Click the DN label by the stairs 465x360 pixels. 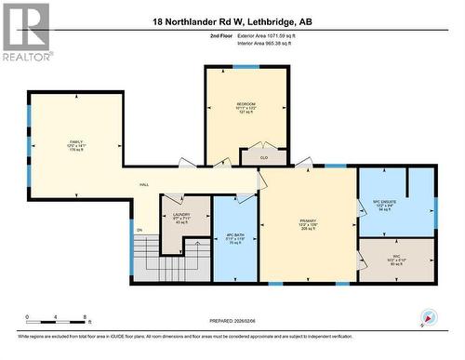tap(139, 230)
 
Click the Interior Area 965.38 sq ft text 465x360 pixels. tap(273, 42)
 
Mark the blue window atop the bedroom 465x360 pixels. tap(246, 67)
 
